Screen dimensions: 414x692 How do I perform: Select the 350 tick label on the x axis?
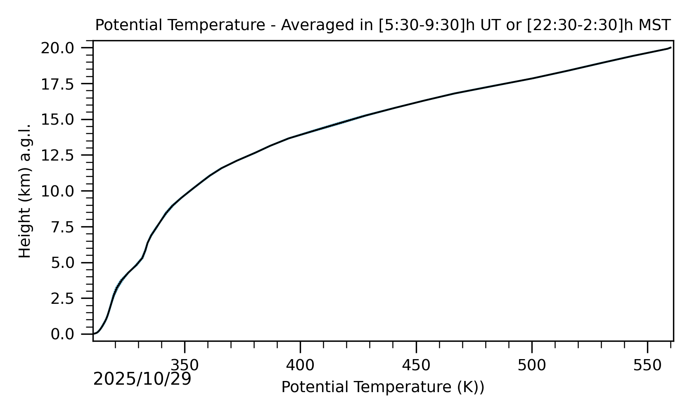pyautogui.click(x=185, y=365)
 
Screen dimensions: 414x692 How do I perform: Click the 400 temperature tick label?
pyautogui.click(x=300, y=365)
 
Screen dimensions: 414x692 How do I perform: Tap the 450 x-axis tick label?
pyautogui.click(x=416, y=365)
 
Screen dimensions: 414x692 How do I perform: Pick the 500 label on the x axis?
pyautogui.click(x=532, y=365)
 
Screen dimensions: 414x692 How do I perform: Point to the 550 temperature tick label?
pyautogui.click(x=647, y=365)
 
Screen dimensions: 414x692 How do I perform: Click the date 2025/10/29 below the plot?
pyautogui.click(x=142, y=379)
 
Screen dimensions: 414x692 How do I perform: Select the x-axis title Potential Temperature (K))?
pyautogui.click(x=383, y=387)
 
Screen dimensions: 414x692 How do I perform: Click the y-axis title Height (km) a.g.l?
pyautogui.click(x=25, y=191)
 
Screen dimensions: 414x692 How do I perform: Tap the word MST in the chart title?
pyautogui.click(x=655, y=26)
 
